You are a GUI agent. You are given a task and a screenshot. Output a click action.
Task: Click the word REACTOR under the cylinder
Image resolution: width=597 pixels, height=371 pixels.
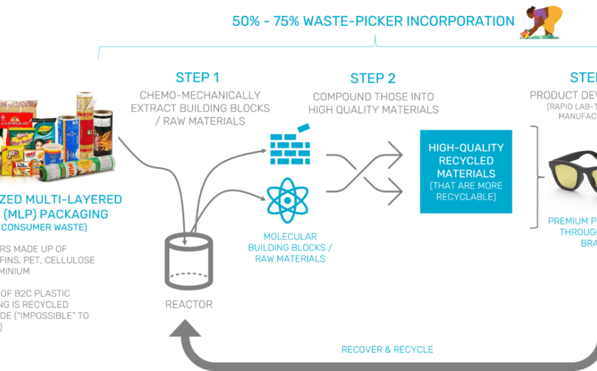pyautogui.click(x=189, y=305)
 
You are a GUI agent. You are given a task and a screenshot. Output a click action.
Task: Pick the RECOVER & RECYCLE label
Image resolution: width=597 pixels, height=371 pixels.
pyautogui.click(x=387, y=349)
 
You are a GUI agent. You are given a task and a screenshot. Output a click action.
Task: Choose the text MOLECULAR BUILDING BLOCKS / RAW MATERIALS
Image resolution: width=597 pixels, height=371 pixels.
pyautogui.click(x=290, y=247)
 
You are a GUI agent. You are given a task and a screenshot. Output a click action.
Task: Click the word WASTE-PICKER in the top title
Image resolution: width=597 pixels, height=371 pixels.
pyautogui.click(x=355, y=21)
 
